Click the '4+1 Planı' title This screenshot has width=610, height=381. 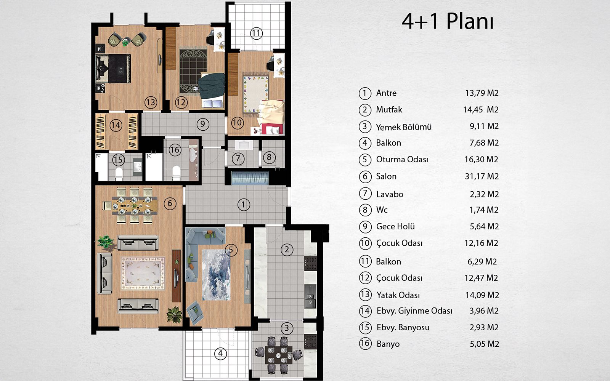pyautogui.click(x=448, y=21)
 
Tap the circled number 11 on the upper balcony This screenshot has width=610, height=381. pyautogui.click(x=256, y=34)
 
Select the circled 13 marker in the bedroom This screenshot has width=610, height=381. pyautogui.click(x=151, y=102)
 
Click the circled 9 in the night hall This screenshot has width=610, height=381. pyautogui.click(x=203, y=124)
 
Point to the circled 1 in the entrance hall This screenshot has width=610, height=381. pyautogui.click(x=244, y=205)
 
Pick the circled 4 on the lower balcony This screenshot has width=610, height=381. pyautogui.click(x=220, y=354)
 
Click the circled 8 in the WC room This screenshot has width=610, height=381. pyautogui.click(x=269, y=157)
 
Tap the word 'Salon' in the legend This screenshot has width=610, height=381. pyautogui.click(x=386, y=176)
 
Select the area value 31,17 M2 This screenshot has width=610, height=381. pyautogui.click(x=482, y=176)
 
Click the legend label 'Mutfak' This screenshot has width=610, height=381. pyautogui.click(x=389, y=110)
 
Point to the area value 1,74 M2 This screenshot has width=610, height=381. pyautogui.click(x=484, y=210)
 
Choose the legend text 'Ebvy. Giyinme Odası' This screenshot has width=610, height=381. pyautogui.click(x=414, y=311)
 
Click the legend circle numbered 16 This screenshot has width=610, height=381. pyautogui.click(x=365, y=343)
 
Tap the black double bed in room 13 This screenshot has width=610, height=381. pyautogui.click(x=113, y=68)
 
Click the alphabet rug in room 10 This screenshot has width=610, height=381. pyautogui.click(x=256, y=94)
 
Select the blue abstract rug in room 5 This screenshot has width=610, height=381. pyautogui.click(x=216, y=275)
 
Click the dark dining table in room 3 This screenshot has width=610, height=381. pyautogui.click(x=279, y=355)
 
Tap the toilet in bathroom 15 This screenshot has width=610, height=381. pyautogui.click(x=119, y=174)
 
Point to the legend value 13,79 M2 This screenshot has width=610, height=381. pyautogui.click(x=482, y=93)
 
